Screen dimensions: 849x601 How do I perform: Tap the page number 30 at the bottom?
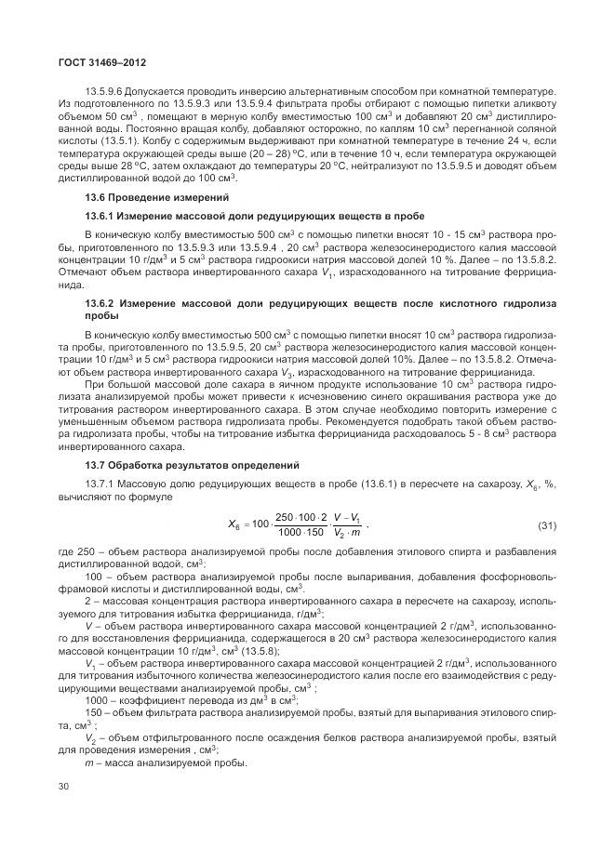pos(63,787)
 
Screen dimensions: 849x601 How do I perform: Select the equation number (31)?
pos(546,527)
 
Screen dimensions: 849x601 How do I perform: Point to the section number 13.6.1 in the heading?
pos(102,215)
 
